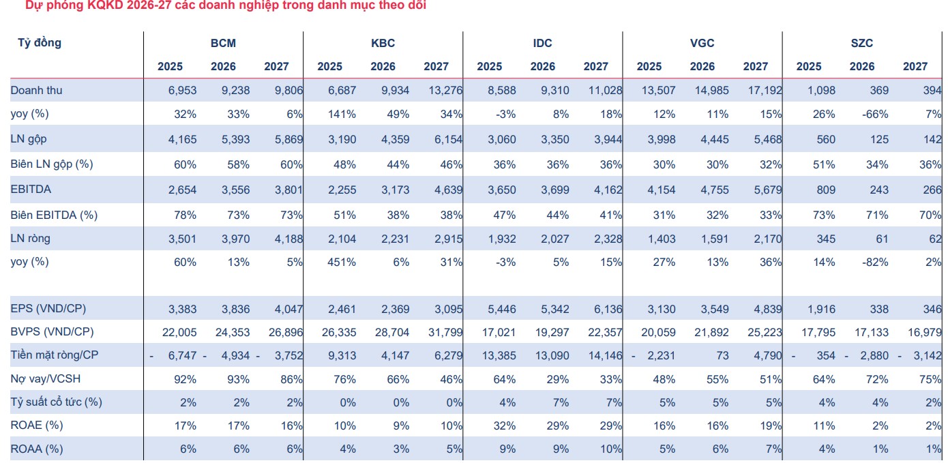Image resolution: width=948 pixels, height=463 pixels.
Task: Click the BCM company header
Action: tap(223, 43)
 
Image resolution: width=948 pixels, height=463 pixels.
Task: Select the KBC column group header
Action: tap(383, 43)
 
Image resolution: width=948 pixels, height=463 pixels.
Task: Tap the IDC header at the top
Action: tap(542, 43)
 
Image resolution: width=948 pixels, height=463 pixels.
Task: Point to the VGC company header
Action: tap(702, 43)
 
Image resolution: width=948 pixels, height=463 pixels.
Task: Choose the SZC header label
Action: tap(861, 43)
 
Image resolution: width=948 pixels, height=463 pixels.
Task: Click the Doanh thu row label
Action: tap(36, 90)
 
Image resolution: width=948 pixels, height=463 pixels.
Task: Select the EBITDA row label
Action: tap(31, 189)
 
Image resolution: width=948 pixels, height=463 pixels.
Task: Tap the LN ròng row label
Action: tap(31, 238)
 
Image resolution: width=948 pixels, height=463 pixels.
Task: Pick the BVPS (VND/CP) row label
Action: tap(52, 331)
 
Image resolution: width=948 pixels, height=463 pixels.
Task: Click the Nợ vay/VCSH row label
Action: tap(45, 378)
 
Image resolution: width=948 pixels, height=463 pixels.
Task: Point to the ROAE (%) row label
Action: tap(37, 425)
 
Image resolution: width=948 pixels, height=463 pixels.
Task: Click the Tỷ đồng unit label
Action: tap(40, 42)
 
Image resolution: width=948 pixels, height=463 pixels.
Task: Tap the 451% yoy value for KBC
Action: tap(342, 262)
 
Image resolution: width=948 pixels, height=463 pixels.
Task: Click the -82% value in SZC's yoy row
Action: tap(875, 262)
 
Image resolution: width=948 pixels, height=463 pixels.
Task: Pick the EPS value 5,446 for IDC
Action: tap(501, 309)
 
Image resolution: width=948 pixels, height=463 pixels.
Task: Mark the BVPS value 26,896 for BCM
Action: tap(286, 332)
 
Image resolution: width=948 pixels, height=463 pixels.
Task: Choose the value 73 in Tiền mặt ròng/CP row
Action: tap(722, 355)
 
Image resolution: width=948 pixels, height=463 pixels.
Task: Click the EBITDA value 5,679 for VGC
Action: tap(768, 190)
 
